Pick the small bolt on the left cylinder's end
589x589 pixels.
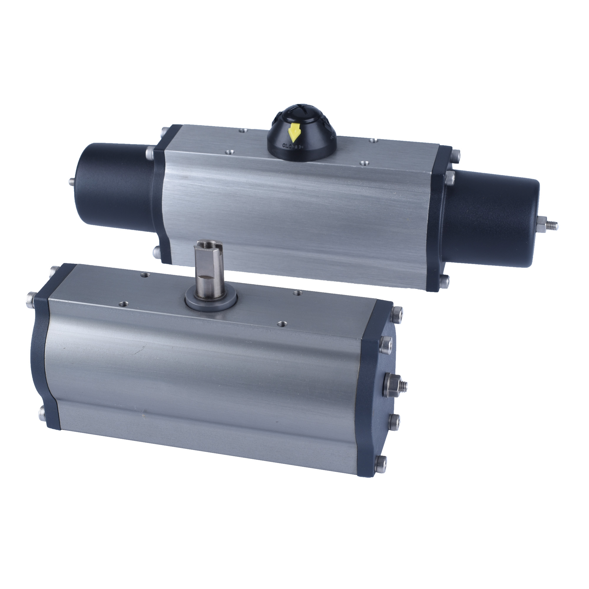point(71,182)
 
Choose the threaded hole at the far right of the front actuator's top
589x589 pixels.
point(296,293)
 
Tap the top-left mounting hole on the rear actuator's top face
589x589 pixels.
point(242,131)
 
